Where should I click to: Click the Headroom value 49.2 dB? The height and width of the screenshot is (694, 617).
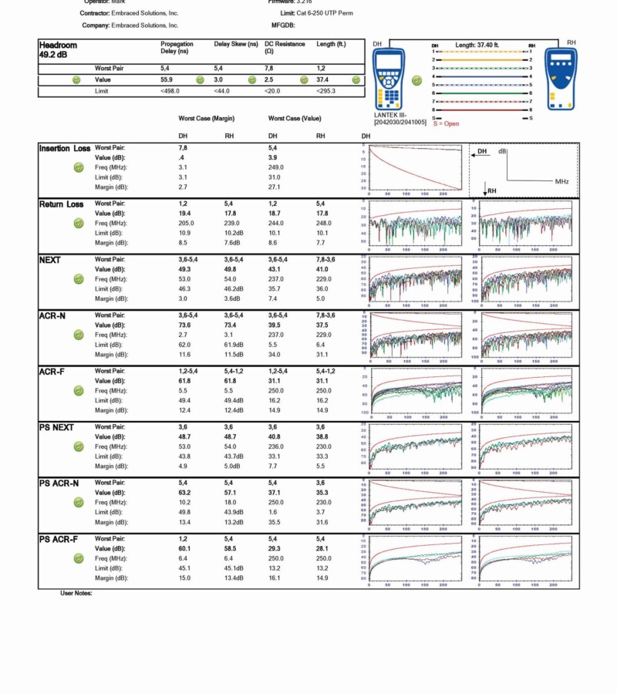pyautogui.click(x=54, y=56)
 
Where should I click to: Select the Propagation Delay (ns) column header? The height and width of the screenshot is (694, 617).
pyautogui.click(x=177, y=48)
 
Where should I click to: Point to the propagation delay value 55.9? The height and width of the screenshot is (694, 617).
pyautogui.click(x=167, y=79)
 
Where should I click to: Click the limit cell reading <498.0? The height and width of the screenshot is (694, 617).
pyautogui.click(x=172, y=91)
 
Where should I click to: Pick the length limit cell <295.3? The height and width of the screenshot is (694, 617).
pyautogui.click(x=326, y=91)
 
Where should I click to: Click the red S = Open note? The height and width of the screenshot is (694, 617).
pyautogui.click(x=445, y=123)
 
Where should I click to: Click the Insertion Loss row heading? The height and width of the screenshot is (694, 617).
pyautogui.click(x=64, y=148)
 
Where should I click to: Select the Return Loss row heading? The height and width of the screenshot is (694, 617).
pyautogui.click(x=62, y=204)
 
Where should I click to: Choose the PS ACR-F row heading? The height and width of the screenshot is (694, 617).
pyautogui.click(x=59, y=539)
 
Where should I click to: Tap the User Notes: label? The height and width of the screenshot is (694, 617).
pyautogui.click(x=76, y=593)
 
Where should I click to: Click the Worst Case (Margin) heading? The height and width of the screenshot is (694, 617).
pyautogui.click(x=207, y=119)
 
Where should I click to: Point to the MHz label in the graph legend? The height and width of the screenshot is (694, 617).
pyautogui.click(x=562, y=181)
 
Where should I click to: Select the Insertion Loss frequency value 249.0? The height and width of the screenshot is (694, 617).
pyautogui.click(x=276, y=167)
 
